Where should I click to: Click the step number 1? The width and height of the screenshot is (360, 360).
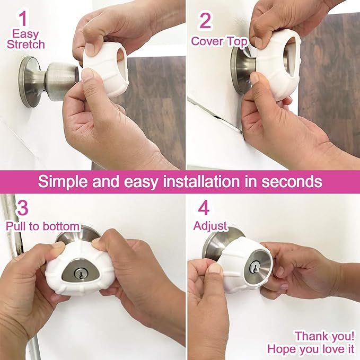pyautogui.click(x=23, y=20)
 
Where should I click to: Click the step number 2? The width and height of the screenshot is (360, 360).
pyautogui.click(x=205, y=20)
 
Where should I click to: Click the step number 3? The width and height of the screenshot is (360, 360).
pyautogui.click(x=23, y=207)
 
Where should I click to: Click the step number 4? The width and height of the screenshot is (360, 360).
pyautogui.click(x=205, y=207)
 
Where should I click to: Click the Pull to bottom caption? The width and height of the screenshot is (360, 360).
pyautogui.click(x=42, y=226)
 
